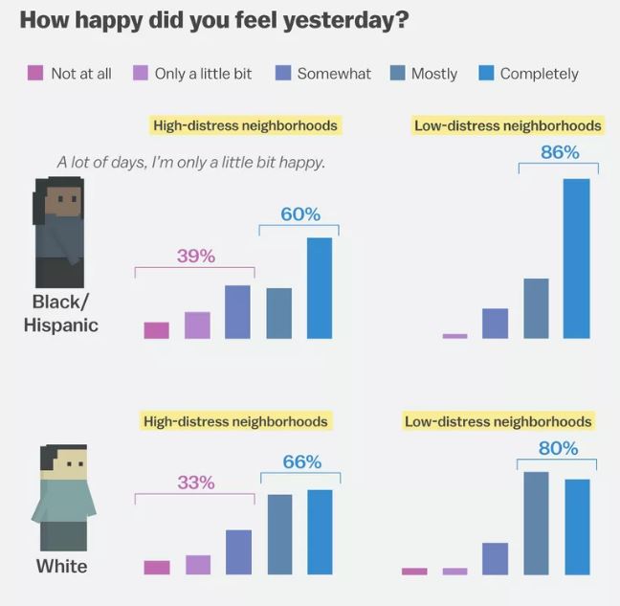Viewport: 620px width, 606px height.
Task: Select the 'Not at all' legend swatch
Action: pyautogui.click(x=35, y=73)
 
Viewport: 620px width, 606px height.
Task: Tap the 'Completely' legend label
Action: pyautogui.click(x=539, y=73)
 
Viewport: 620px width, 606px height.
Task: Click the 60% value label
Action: pyautogui.click(x=300, y=214)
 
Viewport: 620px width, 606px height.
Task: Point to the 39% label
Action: pyautogui.click(x=195, y=256)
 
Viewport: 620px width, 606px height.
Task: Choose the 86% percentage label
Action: pyautogui.click(x=560, y=152)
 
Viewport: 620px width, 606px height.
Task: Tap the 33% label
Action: pyautogui.click(x=195, y=483)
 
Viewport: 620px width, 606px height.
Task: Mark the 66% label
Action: pyautogui.click(x=301, y=462)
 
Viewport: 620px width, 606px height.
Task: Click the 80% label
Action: pyautogui.click(x=558, y=448)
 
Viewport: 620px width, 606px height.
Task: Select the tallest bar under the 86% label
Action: pyautogui.click(x=576, y=258)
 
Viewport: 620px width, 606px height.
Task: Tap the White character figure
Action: pyautogui.click(x=63, y=497)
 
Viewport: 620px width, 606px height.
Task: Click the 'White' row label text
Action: pyautogui.click(x=61, y=566)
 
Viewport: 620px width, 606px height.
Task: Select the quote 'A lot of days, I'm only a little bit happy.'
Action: pyautogui.click(x=191, y=162)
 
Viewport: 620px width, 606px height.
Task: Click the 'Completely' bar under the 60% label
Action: pyautogui.click(x=320, y=288)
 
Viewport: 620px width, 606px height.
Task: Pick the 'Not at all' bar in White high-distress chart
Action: pyautogui.click(x=157, y=567)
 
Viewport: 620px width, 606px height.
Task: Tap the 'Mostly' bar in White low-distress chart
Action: pyautogui.click(x=536, y=523)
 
